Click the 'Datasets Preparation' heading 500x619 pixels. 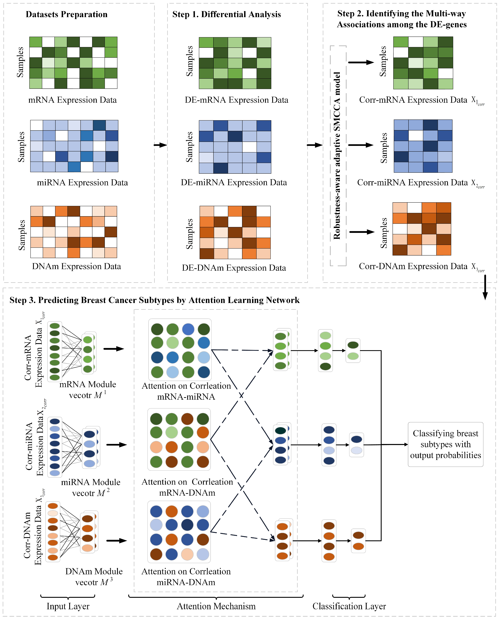(x=66, y=14)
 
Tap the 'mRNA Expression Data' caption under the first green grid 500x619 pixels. (x=73, y=100)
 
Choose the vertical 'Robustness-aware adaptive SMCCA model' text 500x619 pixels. (x=337, y=156)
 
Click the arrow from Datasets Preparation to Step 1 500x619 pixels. (x=160, y=145)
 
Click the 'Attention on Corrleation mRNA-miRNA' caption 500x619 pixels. (x=186, y=391)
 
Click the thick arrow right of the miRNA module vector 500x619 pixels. (x=117, y=445)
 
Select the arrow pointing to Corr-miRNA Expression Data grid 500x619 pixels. (x=361, y=145)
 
